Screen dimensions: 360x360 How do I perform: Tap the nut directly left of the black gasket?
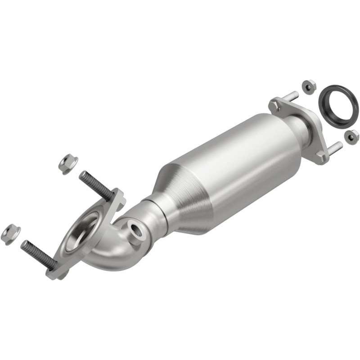[x=308, y=86]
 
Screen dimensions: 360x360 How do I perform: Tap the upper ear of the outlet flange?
[x=275, y=105]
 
